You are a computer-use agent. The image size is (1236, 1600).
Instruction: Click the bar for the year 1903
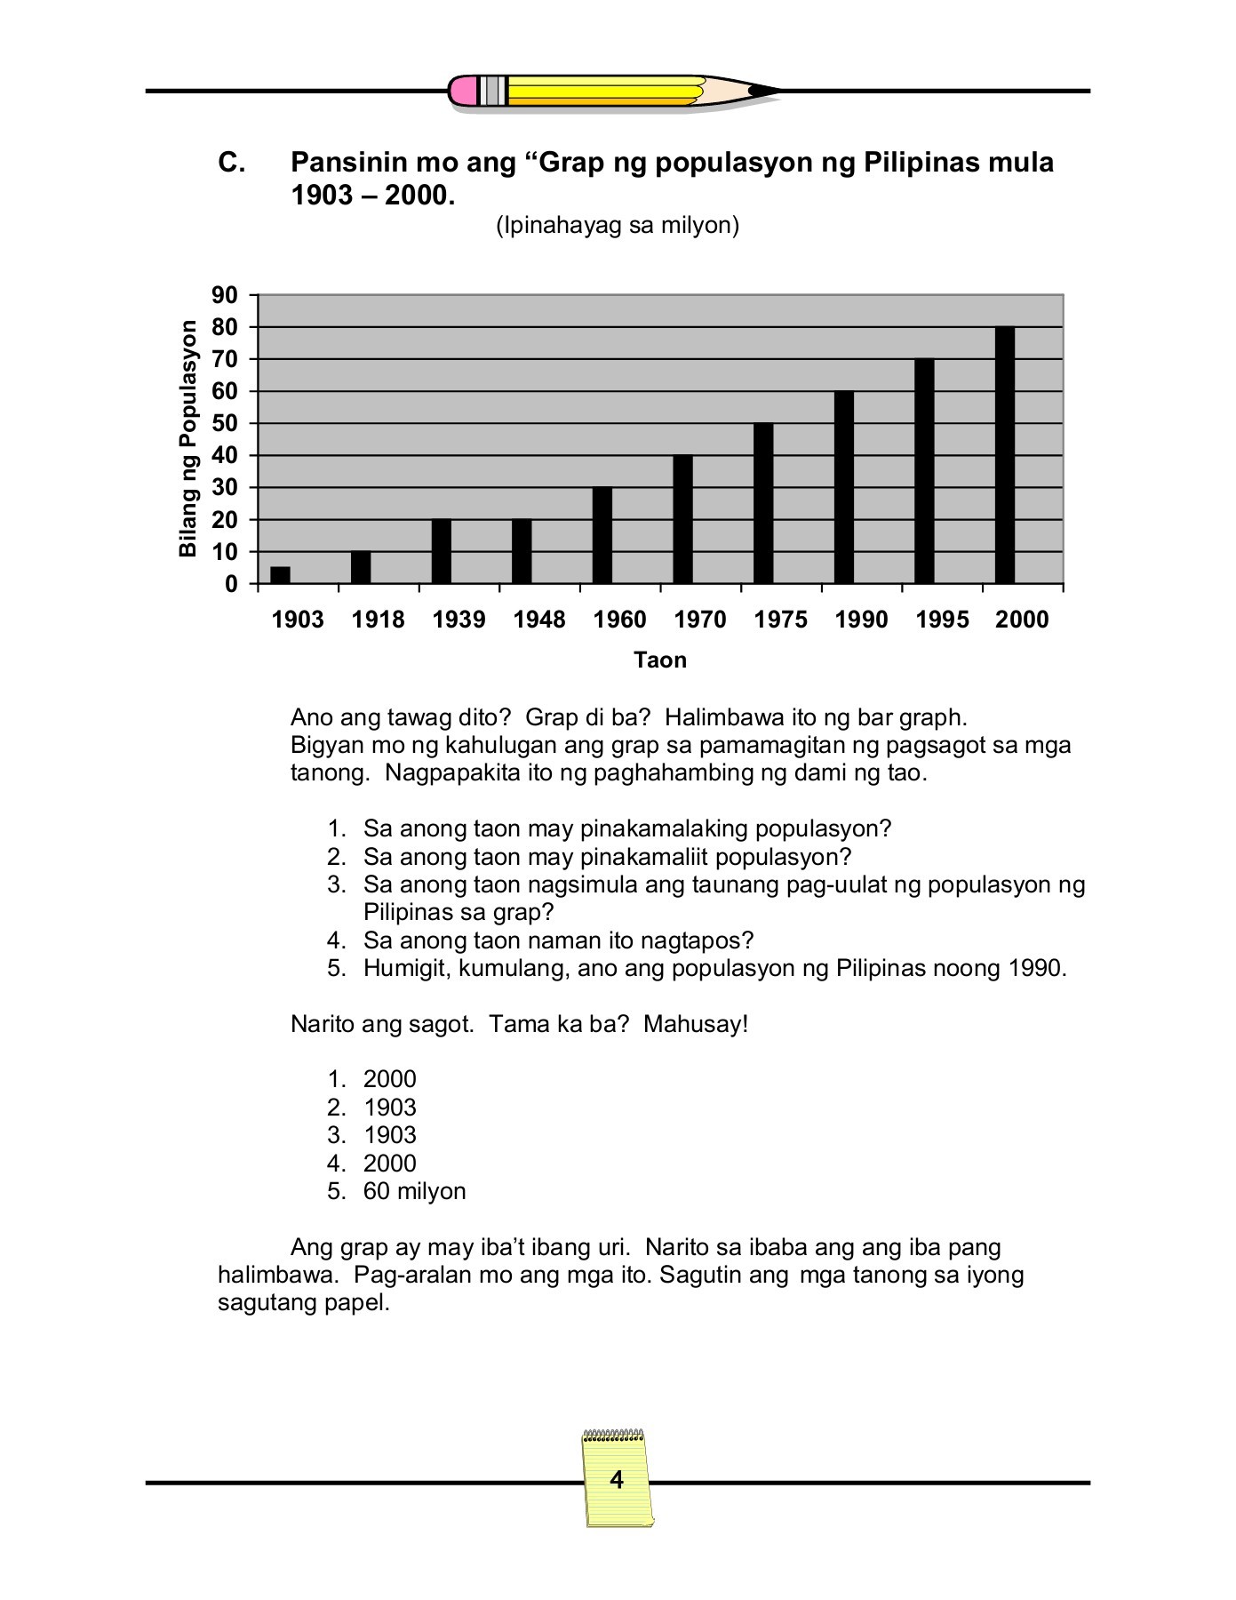point(280,575)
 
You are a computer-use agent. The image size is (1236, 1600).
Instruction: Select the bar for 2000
point(1005,455)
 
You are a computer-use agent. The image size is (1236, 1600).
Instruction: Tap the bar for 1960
point(602,535)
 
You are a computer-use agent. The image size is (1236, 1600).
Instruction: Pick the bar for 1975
point(763,503)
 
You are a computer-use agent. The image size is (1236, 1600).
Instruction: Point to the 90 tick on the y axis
point(225,295)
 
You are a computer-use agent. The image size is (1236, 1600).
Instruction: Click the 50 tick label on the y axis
point(225,424)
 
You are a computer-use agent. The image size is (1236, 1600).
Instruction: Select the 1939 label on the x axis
point(459,620)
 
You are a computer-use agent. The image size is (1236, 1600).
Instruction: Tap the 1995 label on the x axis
point(942,620)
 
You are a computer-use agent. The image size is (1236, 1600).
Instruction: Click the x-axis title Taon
point(659,660)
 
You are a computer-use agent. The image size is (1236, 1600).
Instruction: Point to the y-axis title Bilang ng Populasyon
point(187,439)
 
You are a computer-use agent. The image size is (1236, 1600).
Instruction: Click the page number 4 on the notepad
point(617,1480)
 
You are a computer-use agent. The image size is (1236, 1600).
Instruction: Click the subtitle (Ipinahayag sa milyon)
point(618,226)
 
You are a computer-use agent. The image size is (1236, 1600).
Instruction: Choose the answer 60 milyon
point(414,1191)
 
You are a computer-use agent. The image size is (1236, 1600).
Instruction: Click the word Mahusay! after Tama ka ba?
point(696,1024)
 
